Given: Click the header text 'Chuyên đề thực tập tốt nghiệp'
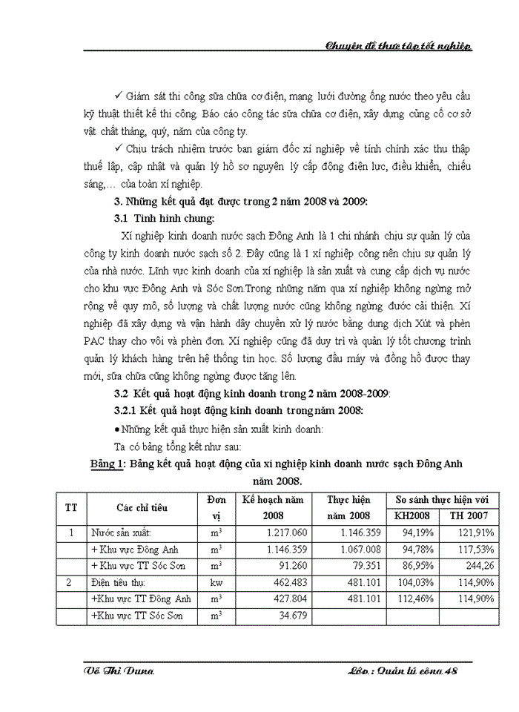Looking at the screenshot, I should click(399, 46).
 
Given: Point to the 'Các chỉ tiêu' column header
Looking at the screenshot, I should click(142, 507).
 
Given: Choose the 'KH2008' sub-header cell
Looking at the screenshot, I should click(411, 515).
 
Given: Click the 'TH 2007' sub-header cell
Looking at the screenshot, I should click(469, 515).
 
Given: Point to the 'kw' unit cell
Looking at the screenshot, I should click(216, 583).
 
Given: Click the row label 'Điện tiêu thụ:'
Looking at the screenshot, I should click(121, 583).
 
